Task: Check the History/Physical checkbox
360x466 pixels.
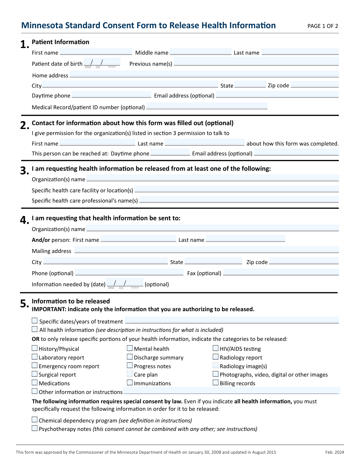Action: click(35, 348)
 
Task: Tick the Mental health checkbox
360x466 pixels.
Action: click(130, 348)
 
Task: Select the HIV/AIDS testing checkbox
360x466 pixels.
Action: click(215, 348)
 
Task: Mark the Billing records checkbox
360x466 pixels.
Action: click(215, 383)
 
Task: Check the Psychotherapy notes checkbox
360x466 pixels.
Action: click(35, 428)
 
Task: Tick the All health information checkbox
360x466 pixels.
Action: click(35, 329)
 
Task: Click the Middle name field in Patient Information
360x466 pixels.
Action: click(200, 52)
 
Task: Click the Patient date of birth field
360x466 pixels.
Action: click(102, 62)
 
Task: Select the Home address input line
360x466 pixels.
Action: click(204, 74)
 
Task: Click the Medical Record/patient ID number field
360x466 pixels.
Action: click(207, 106)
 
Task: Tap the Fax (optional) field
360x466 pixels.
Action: click(281, 272)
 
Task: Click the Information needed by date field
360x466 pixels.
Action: click(124, 283)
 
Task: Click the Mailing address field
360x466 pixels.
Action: click(206, 250)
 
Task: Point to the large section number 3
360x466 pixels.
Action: click(24, 171)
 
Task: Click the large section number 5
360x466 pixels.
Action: click(24, 304)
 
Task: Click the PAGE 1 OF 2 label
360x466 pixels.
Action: click(322, 26)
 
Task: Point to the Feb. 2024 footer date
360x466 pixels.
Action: click(334, 452)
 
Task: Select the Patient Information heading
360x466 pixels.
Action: click(61, 42)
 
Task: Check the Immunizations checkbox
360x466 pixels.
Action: click(130, 383)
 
